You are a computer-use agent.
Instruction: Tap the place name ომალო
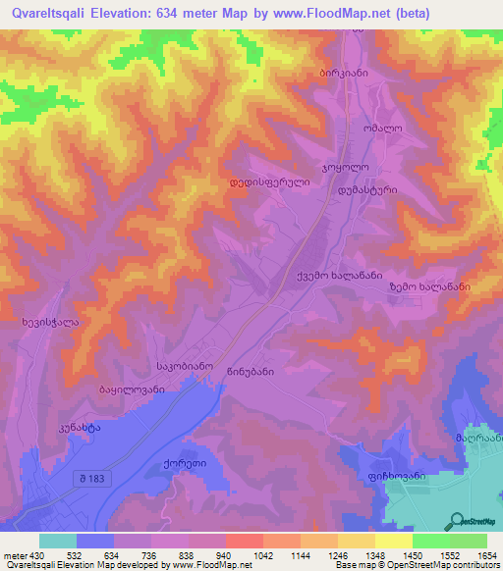pyautogui.click(x=381, y=128)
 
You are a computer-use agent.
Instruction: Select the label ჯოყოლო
pyautogui.click(x=345, y=169)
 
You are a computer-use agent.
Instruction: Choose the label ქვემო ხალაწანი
pyautogui.click(x=339, y=277)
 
